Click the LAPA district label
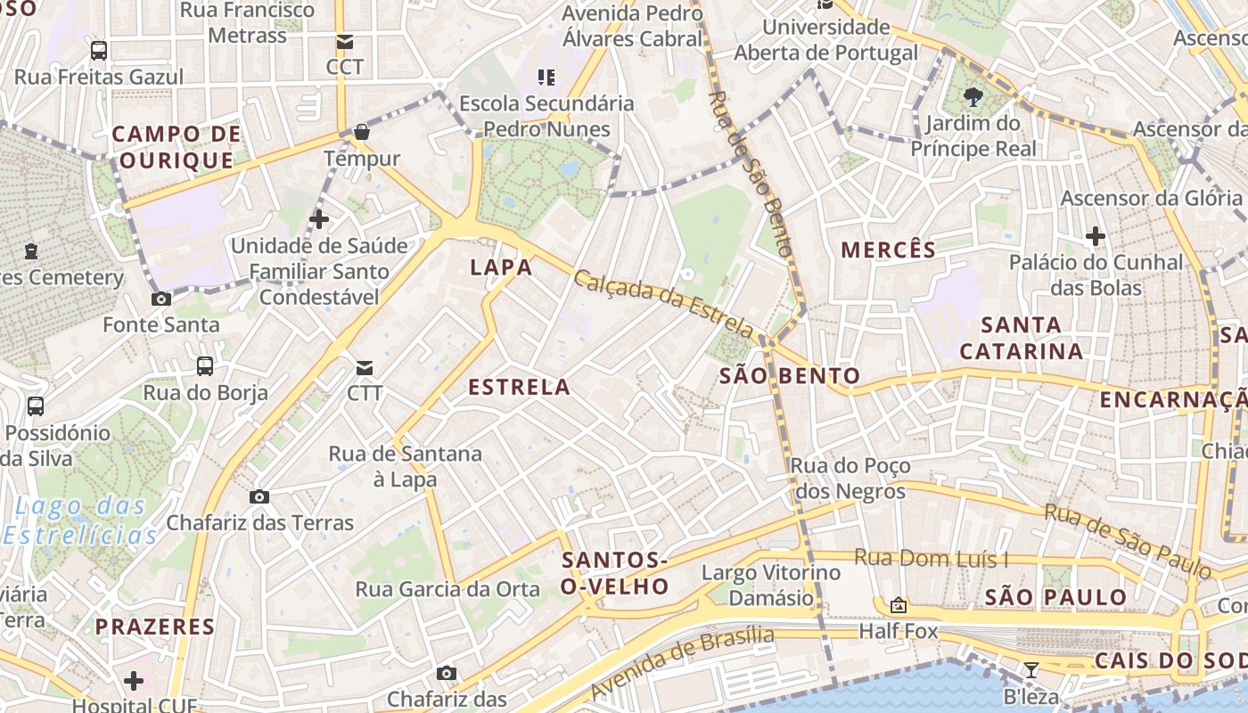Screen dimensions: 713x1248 tap(501, 267)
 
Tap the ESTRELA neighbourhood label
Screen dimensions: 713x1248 tap(519, 387)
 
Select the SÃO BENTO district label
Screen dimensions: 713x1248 tap(790, 376)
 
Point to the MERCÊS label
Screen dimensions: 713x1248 tap(889, 250)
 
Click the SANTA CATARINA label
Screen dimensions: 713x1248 tap(1022, 338)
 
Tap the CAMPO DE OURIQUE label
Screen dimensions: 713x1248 tap(176, 148)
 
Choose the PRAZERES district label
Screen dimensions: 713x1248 tap(155, 627)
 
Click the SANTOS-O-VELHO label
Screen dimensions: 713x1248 tap(615, 573)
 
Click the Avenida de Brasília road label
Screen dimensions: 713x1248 tap(682, 663)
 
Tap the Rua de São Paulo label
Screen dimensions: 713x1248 tap(1128, 541)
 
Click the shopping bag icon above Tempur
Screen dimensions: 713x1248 tap(361, 133)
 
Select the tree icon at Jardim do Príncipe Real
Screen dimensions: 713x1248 tap(973, 96)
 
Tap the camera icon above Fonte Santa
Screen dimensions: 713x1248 tap(161, 299)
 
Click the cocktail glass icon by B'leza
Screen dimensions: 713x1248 tap(1031, 670)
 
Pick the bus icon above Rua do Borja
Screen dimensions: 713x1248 tap(205, 366)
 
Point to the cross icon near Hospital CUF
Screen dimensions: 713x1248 tap(134, 682)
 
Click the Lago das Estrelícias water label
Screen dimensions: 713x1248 tap(80, 520)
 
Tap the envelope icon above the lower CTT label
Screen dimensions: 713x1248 tap(365, 367)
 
